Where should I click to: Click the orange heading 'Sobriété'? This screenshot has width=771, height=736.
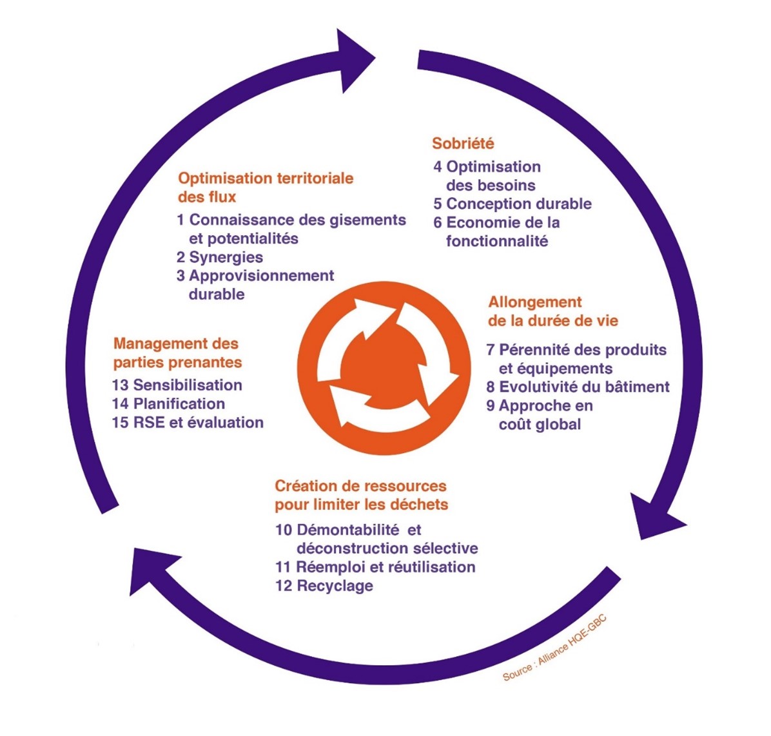point(464,143)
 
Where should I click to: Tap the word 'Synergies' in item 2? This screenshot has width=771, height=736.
point(226,257)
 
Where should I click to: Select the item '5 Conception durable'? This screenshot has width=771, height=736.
point(512,204)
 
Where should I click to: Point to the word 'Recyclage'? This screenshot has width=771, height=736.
point(335,586)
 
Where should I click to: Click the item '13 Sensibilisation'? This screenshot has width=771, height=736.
point(177,385)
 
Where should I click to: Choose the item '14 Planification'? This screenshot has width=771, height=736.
point(168,403)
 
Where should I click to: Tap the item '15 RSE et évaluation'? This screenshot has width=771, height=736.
point(188,422)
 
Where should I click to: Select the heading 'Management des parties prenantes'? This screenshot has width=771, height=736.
point(177,353)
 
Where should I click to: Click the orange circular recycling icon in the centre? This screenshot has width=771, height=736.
point(384,368)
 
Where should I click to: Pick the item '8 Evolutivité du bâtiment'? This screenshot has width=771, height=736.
point(578,387)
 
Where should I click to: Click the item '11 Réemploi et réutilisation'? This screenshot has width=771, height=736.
point(375,567)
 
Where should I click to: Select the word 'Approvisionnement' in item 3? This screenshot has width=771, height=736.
point(262,275)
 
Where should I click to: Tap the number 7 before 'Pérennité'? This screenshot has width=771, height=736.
point(490,349)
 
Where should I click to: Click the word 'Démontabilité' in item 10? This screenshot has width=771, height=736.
point(348,530)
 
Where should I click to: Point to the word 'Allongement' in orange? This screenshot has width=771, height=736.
point(535,302)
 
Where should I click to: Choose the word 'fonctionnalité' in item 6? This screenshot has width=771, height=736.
point(497,241)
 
